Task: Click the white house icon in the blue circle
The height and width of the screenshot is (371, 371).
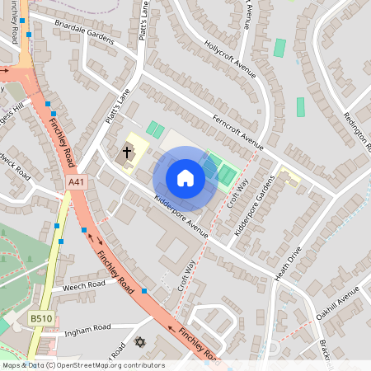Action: (185, 178)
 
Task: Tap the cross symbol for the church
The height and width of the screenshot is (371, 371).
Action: (127, 152)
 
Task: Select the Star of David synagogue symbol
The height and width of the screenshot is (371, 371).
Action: (139, 342)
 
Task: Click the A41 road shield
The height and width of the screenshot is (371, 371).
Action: (77, 181)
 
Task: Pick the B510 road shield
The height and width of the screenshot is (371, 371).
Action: (40, 318)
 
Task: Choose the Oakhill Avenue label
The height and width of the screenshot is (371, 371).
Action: (337, 305)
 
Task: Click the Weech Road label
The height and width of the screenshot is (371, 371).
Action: (84, 285)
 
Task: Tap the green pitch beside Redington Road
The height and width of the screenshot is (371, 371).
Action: (300, 107)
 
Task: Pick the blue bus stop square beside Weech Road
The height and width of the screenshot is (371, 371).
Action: (144, 291)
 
